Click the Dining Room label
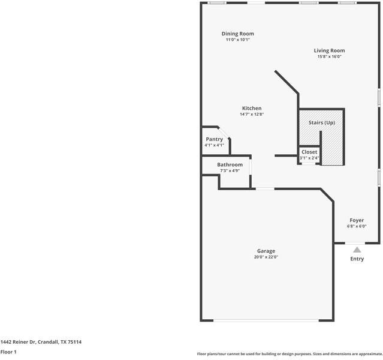tap(238, 34)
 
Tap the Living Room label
tap(329, 50)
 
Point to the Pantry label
tap(214, 139)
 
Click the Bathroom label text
tap(230, 164)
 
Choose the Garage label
tap(266, 251)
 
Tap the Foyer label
tap(357, 220)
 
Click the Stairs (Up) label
tap(321, 122)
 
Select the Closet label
tap(309, 152)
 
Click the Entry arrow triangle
tap(357, 250)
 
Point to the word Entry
tap(357, 259)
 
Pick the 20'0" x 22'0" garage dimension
tap(266, 257)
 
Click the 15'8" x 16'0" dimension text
tap(329, 57)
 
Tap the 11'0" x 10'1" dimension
tap(238, 40)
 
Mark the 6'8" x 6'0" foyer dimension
tap(357, 227)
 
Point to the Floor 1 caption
tap(8, 352)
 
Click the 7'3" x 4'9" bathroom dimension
tap(230, 171)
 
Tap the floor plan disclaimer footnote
tap(289, 354)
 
